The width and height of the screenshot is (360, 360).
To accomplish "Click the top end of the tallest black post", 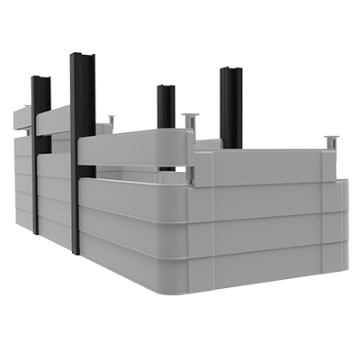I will coord(82,58).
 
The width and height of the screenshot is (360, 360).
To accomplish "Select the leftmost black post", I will coord(40,153).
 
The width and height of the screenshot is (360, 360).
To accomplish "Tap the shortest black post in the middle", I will coord(166,108).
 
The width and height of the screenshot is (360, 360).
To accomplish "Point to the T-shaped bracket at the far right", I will coord(330,144).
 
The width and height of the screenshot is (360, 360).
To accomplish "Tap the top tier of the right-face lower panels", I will coord(270,200).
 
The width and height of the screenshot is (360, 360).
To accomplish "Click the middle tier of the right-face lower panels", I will coord(270,229).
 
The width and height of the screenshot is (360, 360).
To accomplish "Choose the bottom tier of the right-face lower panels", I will coord(270,261).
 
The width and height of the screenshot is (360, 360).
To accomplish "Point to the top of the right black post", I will coord(230,71).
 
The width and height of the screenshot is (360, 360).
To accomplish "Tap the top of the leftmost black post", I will coord(40,79).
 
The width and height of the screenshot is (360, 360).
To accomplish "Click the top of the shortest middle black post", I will coord(166,88).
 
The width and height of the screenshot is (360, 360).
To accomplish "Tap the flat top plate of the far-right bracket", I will coord(330,139).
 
